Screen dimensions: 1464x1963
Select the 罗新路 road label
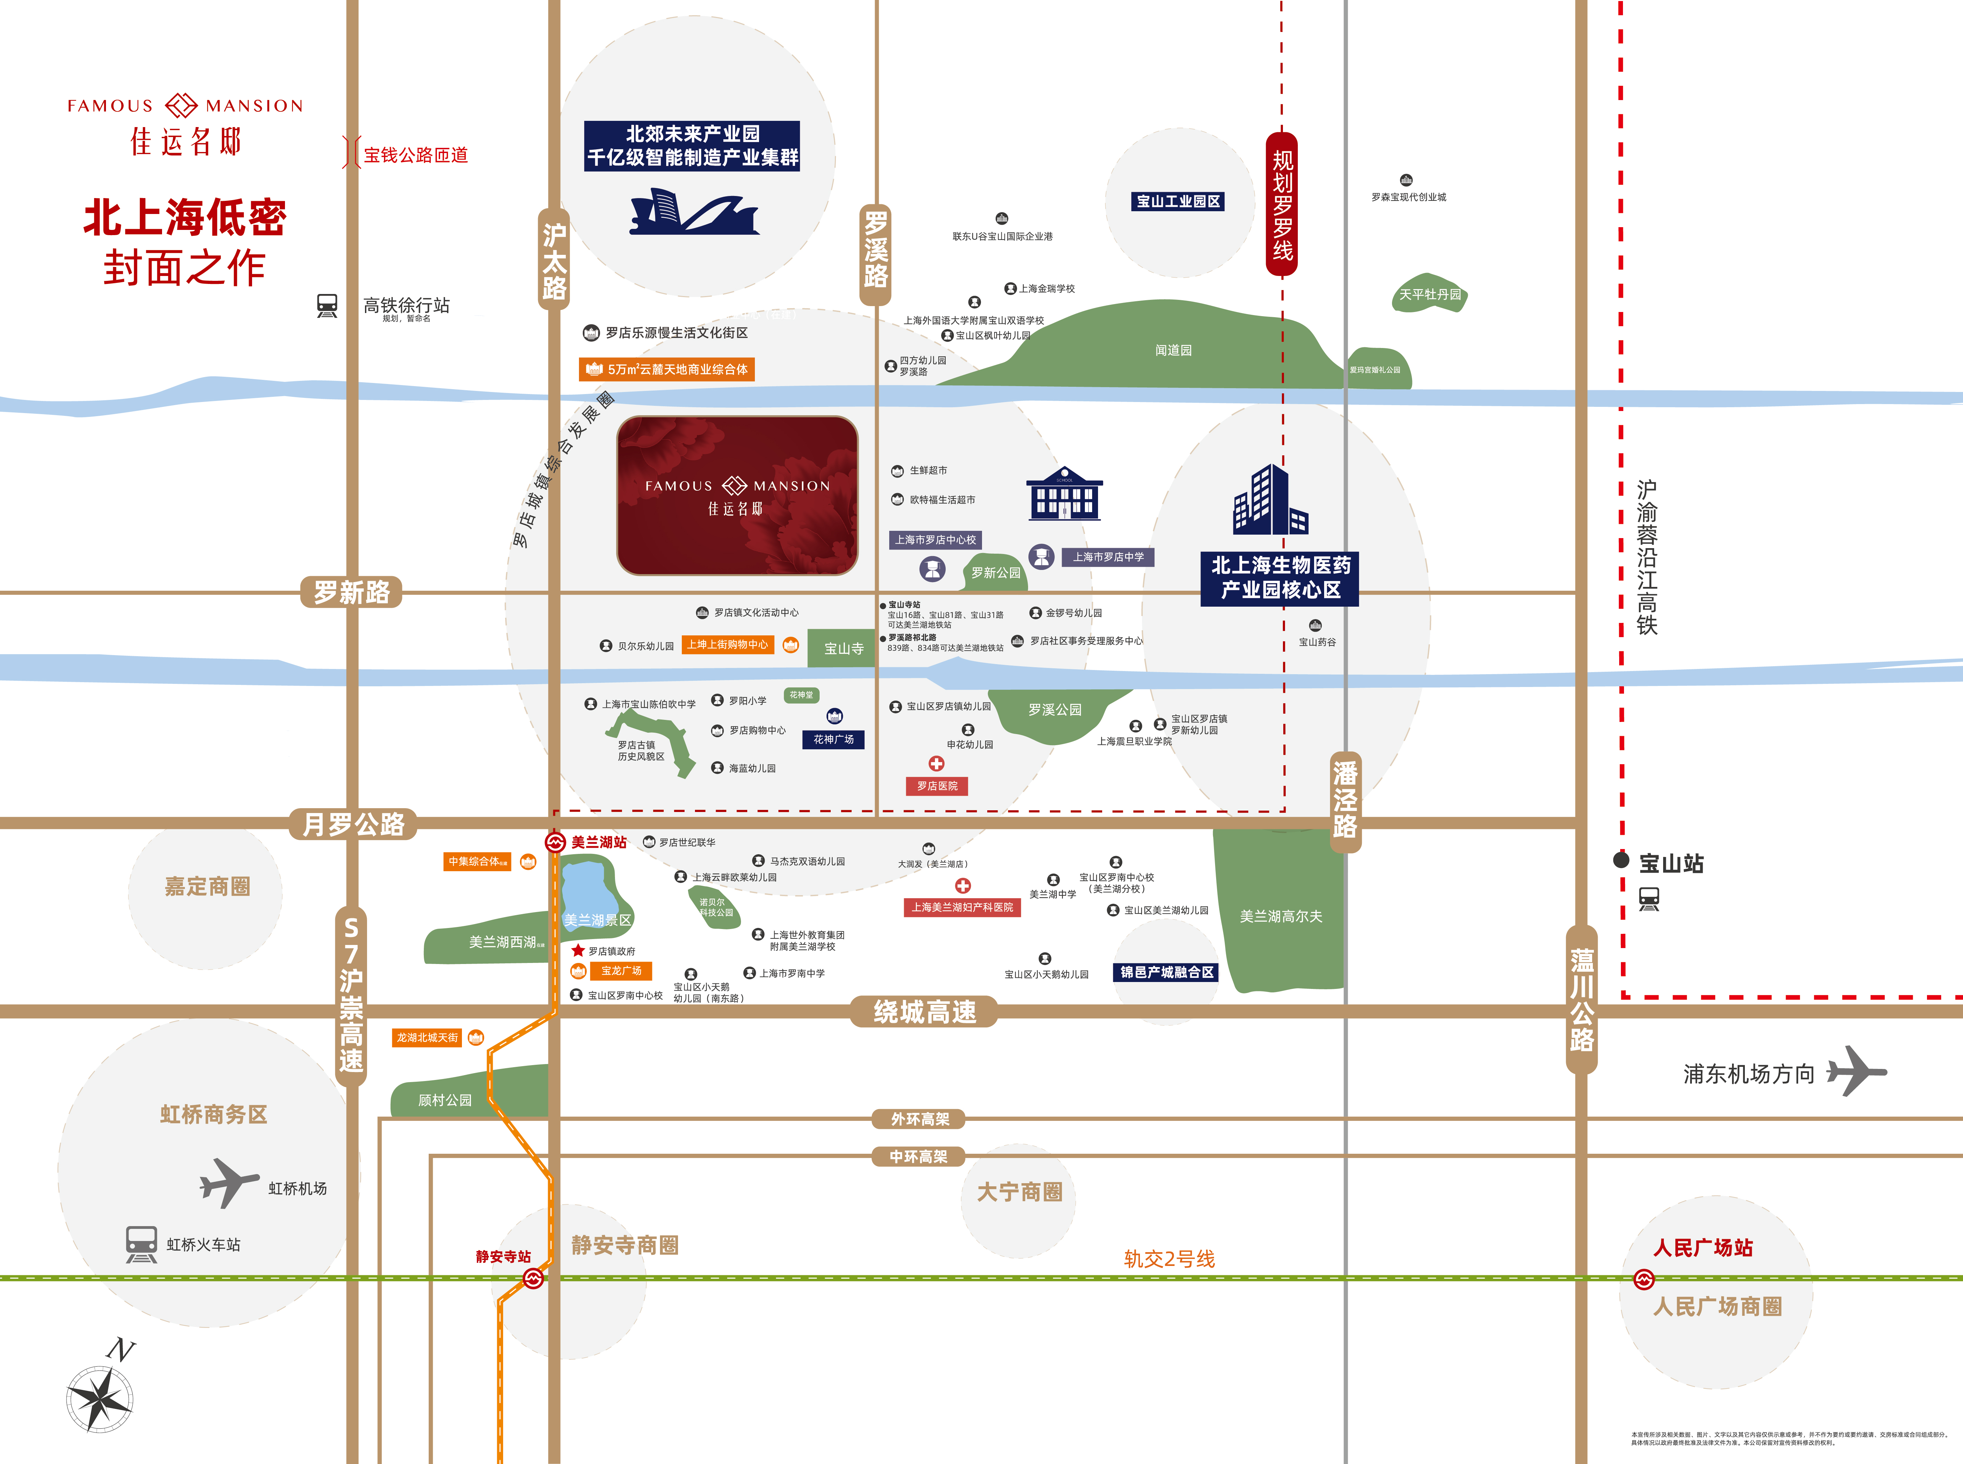click(x=352, y=592)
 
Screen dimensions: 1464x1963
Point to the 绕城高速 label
click(x=924, y=1011)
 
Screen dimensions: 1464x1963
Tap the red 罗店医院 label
click(x=937, y=786)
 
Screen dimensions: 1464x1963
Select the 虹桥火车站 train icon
click(x=141, y=1244)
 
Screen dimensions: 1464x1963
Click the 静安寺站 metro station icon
click(x=533, y=1278)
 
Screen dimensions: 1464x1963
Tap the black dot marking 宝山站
click(x=1621, y=860)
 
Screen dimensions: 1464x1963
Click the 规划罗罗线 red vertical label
click(x=1282, y=204)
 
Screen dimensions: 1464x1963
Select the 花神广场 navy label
click(x=833, y=739)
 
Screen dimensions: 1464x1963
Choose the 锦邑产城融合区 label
click(x=1166, y=972)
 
